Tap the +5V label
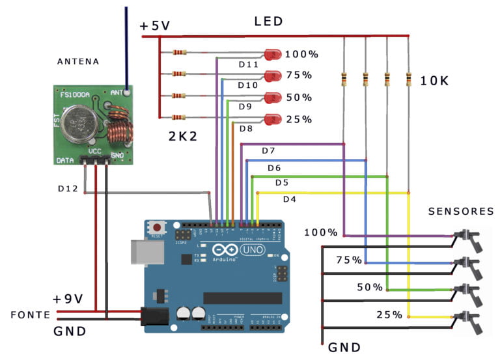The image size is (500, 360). coord(155,26)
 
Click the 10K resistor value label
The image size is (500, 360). coord(434,81)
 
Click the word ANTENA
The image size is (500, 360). coord(78,62)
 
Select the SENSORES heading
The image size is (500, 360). coord(461,211)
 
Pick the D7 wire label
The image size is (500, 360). coord(269,151)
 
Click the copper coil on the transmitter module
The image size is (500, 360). coord(118,127)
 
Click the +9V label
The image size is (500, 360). coord(68,299)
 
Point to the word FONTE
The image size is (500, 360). coord(30,314)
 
